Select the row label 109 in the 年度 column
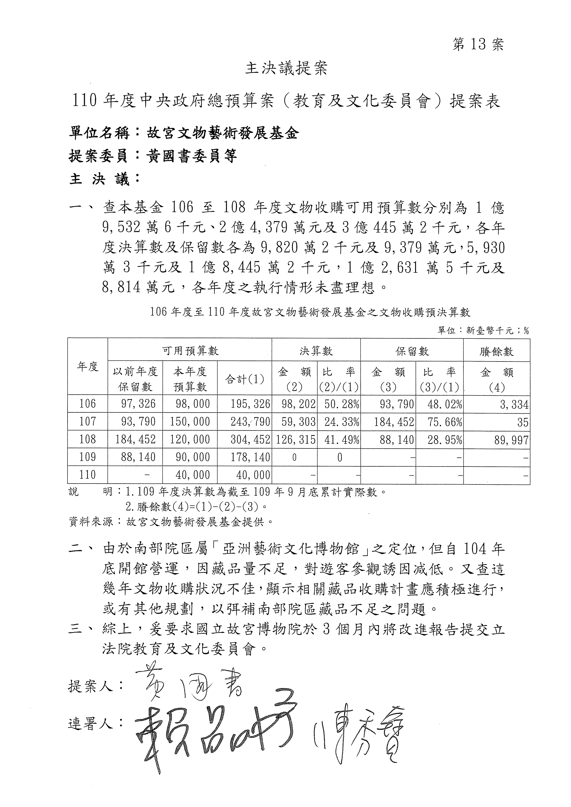(88, 457)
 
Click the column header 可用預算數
(190, 350)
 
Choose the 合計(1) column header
(244, 379)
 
